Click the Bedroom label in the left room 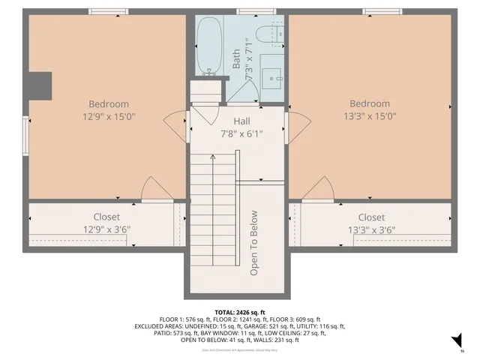pyautogui.click(x=109, y=104)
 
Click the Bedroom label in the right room pyautogui.click(x=369, y=104)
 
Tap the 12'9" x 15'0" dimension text pyautogui.click(x=109, y=116)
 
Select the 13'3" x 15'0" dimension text pyautogui.click(x=369, y=116)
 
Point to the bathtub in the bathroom pyautogui.click(x=211, y=46)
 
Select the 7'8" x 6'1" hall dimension pyautogui.click(x=241, y=134)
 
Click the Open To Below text pyautogui.click(x=254, y=242)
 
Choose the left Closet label pyautogui.click(x=106, y=217)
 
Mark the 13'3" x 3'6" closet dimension pyautogui.click(x=371, y=230)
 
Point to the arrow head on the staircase pyautogui.click(x=213, y=157)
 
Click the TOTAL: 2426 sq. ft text pyautogui.click(x=240, y=313)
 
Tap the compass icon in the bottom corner pyautogui.click(x=454, y=343)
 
